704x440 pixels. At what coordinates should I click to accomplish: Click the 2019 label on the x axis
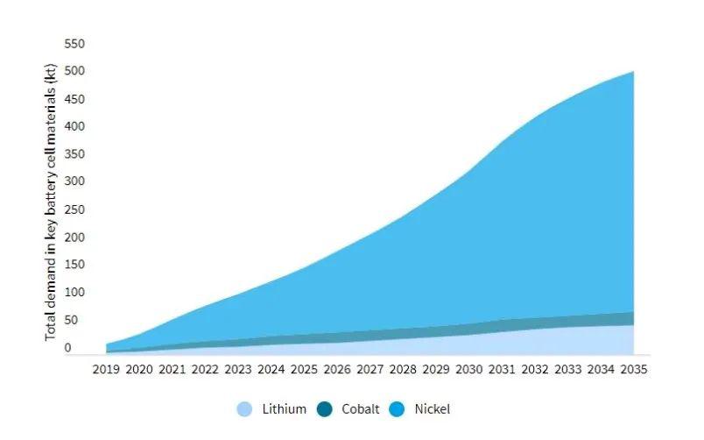(106, 370)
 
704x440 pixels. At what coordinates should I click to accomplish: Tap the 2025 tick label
(304, 370)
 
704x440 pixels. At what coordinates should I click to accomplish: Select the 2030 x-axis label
(469, 370)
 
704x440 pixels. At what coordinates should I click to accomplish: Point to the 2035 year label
(633, 370)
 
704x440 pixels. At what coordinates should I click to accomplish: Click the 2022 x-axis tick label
(205, 370)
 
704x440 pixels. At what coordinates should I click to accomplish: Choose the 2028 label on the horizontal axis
(403, 370)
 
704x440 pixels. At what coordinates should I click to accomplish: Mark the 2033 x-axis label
(567, 370)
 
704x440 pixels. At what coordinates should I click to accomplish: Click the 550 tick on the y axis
(74, 44)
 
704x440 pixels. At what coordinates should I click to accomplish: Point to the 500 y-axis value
(74, 71)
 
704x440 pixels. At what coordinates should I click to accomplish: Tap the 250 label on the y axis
(74, 209)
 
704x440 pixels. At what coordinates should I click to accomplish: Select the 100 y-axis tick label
(74, 293)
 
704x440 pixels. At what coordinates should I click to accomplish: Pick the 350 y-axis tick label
(74, 154)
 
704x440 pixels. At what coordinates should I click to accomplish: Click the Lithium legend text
(284, 409)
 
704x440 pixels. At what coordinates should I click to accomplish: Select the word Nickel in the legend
(432, 409)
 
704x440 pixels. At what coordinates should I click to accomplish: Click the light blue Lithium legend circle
(245, 409)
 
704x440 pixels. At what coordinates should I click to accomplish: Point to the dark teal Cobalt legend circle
(325, 409)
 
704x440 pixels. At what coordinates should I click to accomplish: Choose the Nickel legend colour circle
(398, 409)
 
